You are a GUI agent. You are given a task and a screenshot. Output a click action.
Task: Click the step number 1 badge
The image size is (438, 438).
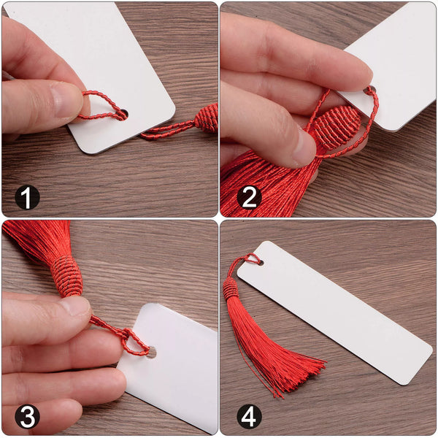click(x=27, y=197)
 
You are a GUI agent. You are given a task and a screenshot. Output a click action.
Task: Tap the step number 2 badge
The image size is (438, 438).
click(x=249, y=197)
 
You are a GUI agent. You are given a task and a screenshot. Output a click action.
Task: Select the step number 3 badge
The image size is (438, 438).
click(x=27, y=417)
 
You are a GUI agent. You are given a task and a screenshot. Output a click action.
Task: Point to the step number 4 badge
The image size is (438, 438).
click(x=249, y=417)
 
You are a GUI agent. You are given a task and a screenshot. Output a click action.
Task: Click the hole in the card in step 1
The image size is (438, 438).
click(x=124, y=115)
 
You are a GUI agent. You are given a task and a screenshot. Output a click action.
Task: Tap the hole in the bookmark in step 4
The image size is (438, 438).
click(x=261, y=263)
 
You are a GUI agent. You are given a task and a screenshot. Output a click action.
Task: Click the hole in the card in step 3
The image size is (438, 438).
click(x=153, y=352)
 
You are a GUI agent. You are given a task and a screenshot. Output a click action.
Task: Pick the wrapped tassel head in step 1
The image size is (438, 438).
click(x=207, y=118)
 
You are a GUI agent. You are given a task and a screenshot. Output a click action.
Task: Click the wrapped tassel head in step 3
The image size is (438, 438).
click(x=67, y=277)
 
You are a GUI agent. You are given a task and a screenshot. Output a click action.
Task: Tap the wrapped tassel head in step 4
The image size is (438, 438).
click(x=231, y=288)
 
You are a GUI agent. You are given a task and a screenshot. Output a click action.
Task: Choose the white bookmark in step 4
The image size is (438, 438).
click(x=334, y=312)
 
